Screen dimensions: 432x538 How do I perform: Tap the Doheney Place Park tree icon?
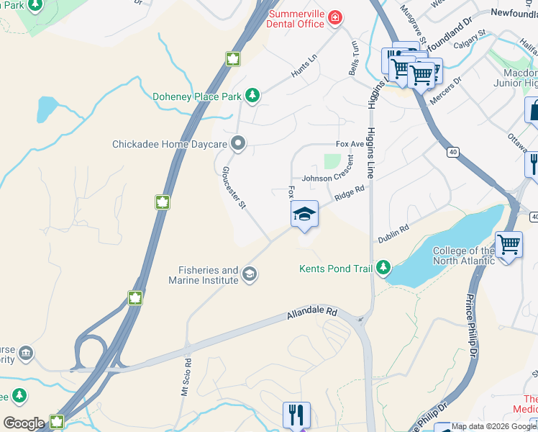252,95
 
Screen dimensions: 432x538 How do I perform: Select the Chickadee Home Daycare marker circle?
239,144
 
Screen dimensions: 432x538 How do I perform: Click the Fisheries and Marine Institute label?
209,275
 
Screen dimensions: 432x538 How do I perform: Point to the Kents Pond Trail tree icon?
383,269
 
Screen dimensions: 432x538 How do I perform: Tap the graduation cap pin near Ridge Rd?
304,215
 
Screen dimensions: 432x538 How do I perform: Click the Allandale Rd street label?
311,314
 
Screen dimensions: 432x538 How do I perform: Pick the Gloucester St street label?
234,187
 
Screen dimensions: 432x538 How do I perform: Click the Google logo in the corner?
24,423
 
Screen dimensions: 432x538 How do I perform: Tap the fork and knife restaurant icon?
296,415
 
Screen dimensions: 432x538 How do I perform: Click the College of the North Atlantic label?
462,256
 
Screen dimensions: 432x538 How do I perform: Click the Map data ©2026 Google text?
484,426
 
